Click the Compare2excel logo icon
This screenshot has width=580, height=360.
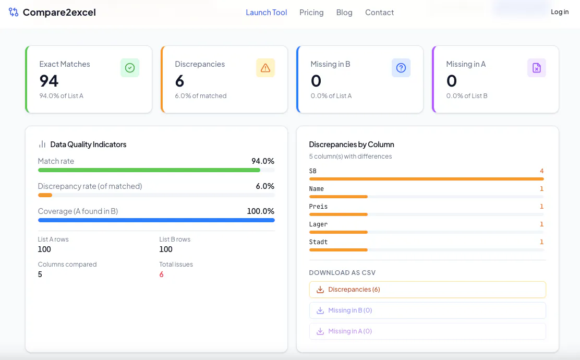pyautogui.click(x=14, y=12)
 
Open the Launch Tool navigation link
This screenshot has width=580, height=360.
pyautogui.click(x=267, y=13)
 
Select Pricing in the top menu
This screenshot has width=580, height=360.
pyautogui.click(x=311, y=13)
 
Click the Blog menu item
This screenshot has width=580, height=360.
pyautogui.click(x=344, y=13)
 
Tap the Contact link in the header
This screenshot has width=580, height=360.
pyautogui.click(x=380, y=13)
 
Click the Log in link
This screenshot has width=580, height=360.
pyautogui.click(x=560, y=12)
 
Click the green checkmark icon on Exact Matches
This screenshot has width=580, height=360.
pyautogui.click(x=130, y=68)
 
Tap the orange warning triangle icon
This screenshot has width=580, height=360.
pyautogui.click(x=265, y=68)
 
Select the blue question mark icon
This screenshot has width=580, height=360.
pyautogui.click(x=401, y=68)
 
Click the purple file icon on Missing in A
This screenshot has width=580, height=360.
pyautogui.click(x=537, y=68)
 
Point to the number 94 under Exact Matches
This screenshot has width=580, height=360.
pyautogui.click(x=49, y=81)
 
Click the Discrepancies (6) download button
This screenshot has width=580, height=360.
pyautogui.click(x=428, y=290)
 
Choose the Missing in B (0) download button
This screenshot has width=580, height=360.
pyautogui.click(x=428, y=310)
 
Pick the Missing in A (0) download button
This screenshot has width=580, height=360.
pyautogui.click(x=428, y=331)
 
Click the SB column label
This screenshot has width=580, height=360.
pyautogui.click(x=313, y=171)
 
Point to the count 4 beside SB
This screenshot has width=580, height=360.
pyautogui.click(x=541, y=171)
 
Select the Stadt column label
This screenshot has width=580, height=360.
pyautogui.click(x=319, y=242)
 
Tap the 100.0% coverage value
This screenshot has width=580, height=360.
pyautogui.click(x=260, y=211)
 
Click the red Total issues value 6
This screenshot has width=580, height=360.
pyautogui.click(x=161, y=274)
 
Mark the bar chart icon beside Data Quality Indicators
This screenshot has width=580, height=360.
pyautogui.click(x=42, y=145)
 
